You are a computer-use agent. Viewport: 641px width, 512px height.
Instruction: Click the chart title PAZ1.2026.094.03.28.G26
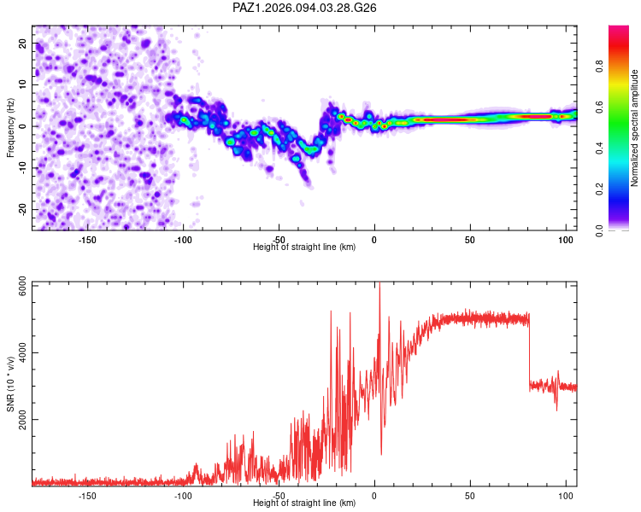[x=304, y=8]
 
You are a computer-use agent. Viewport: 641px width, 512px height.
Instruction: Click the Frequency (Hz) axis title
[x=10, y=128]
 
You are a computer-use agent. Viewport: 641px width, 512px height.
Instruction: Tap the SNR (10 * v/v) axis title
[x=10, y=384]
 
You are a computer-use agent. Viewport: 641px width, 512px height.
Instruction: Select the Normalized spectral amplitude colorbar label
[x=634, y=128]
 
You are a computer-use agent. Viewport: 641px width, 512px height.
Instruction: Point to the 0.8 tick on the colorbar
[x=599, y=66]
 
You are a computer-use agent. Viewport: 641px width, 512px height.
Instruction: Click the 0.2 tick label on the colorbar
[x=599, y=189]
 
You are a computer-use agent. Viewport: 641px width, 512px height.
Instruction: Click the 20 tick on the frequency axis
[x=23, y=44]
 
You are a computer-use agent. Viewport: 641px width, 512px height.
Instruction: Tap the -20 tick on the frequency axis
[x=23, y=209]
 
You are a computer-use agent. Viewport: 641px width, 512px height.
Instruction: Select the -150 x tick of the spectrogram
[x=86, y=240]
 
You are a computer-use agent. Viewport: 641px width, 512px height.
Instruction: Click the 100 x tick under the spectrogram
[x=566, y=240]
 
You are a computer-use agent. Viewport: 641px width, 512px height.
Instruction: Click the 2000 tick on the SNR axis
[x=23, y=419]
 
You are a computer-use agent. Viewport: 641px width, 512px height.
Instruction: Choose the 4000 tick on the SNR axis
[x=23, y=352]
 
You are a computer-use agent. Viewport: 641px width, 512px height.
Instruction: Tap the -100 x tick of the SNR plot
[x=183, y=496]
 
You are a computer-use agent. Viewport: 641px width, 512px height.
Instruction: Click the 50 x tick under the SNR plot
[x=470, y=496]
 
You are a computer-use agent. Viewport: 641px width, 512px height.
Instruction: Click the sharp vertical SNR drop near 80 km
[x=529, y=351]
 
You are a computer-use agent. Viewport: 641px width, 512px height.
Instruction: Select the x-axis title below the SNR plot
[x=304, y=503]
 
